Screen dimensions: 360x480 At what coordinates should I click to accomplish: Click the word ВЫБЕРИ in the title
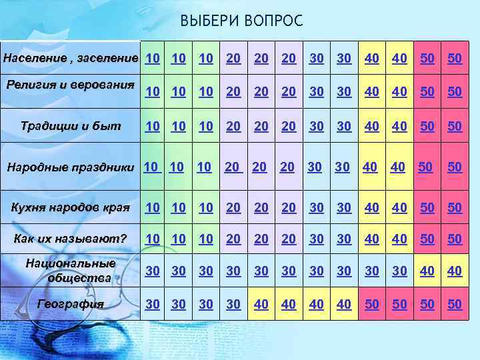pos(205,21)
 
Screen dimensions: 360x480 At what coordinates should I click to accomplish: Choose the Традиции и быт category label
pos(71,125)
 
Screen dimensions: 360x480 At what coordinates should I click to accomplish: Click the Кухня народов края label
pos(69,207)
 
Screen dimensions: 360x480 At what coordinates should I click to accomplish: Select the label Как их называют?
pos(71,239)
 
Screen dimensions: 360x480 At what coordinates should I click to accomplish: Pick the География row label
pos(71,304)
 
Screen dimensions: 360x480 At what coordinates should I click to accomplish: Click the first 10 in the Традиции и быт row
pos(153,125)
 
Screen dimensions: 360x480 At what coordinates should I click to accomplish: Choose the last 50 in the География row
pos(455,304)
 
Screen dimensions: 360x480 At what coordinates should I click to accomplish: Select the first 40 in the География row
pos(261,304)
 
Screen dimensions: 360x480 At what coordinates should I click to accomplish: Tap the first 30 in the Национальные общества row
pos(153,271)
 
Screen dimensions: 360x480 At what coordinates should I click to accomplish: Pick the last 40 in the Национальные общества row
pos(455,271)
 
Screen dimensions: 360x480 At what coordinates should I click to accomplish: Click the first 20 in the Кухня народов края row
pos(233,207)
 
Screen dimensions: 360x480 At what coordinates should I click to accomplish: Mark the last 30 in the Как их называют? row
pos(344,239)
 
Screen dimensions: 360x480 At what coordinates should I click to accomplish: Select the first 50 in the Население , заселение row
pos(427,58)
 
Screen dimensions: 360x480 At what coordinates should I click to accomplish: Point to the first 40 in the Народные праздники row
pos(370,166)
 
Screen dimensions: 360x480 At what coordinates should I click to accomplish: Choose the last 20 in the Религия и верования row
pos(289,91)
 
